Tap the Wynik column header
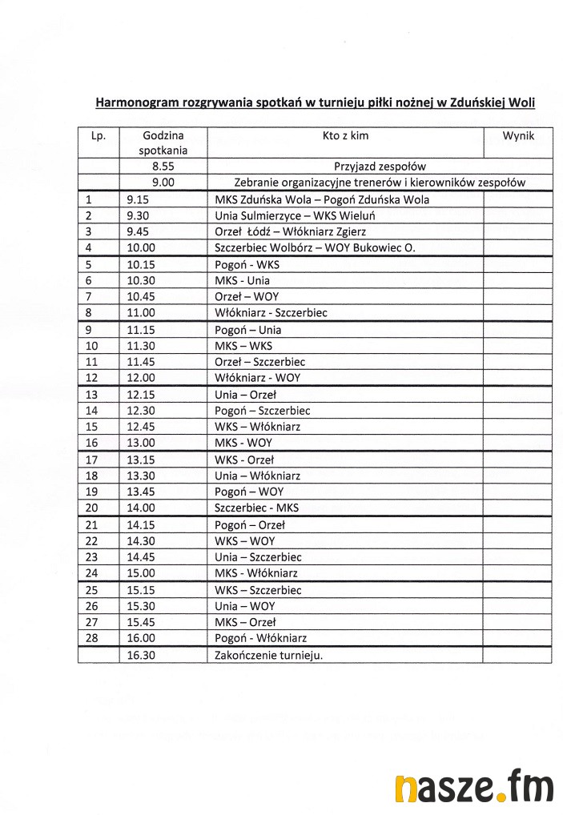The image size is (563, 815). (x=518, y=136)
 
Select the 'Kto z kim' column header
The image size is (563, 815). (x=345, y=136)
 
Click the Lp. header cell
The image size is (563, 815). (x=99, y=136)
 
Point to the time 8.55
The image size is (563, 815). (x=163, y=167)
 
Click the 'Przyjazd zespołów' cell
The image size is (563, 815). (x=380, y=167)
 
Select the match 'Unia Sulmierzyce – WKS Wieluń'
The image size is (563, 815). (x=296, y=215)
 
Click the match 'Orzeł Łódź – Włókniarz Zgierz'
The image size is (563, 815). (x=291, y=231)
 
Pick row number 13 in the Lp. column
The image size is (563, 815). (x=90, y=395)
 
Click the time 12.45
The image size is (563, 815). (x=141, y=427)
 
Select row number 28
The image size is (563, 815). (x=90, y=638)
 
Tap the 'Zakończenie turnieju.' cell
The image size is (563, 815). (x=268, y=655)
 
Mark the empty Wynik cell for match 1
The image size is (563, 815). (x=517, y=199)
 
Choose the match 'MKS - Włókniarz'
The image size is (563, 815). (x=256, y=573)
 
